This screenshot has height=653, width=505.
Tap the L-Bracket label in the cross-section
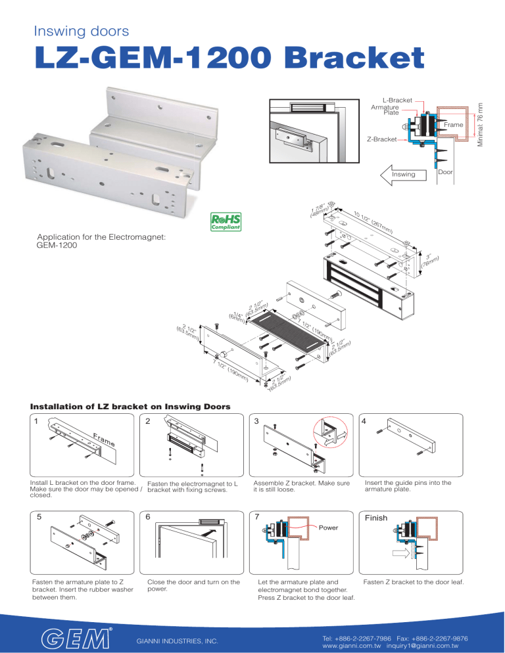[400, 100]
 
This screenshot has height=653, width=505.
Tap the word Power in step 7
[329, 527]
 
